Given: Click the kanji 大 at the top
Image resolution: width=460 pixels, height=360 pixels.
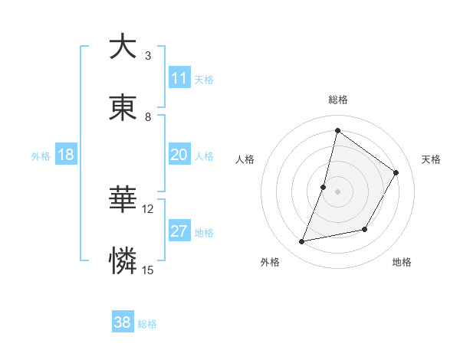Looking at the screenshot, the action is [123, 47].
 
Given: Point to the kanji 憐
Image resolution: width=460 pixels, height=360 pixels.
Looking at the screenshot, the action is [123, 260].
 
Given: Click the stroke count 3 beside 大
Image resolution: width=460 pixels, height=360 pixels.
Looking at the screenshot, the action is [148, 56].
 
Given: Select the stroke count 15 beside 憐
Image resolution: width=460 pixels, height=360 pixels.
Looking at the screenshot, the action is [148, 270].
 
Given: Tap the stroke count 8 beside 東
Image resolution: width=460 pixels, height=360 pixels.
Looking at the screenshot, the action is [148, 116].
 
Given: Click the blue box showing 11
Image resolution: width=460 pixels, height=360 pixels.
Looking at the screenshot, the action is [179, 78].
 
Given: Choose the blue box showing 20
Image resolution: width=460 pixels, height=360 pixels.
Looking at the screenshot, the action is [179, 155].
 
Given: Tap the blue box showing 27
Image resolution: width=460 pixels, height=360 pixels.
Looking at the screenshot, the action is [179, 231].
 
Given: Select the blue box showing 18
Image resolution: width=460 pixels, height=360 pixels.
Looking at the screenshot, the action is [66, 155].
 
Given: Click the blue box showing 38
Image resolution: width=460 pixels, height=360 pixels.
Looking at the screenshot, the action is [123, 322].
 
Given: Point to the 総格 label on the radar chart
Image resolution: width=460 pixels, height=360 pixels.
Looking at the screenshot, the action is [337, 100].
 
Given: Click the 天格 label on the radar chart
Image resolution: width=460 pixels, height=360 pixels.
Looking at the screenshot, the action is [431, 159].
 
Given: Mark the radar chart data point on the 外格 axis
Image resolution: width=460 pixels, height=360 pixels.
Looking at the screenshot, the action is [302, 242].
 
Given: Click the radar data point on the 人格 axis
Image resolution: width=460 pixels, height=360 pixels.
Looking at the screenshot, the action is [324, 187].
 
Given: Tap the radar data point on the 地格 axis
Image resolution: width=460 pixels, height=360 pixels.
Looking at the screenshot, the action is [365, 229].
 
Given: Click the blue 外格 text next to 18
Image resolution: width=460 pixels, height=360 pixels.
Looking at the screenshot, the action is [41, 155].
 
